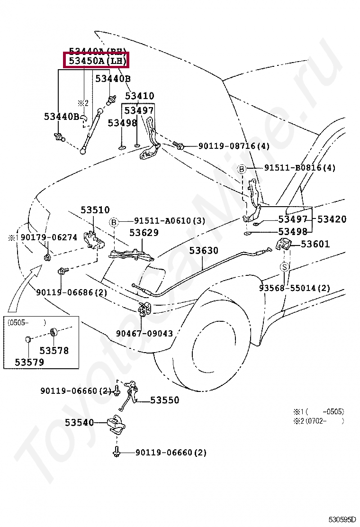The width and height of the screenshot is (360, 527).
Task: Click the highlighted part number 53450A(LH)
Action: pos(96,61)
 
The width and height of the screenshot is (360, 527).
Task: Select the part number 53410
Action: pos(139,96)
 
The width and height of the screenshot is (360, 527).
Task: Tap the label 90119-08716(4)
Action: pos(234,146)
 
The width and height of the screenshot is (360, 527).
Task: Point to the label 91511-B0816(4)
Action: pos(299,168)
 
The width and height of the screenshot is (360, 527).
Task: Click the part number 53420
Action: pos(332,219)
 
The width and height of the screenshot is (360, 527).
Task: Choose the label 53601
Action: pos(315,244)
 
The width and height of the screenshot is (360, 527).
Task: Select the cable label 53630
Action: pos(204,250)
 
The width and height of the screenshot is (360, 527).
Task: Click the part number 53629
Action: pos(144,233)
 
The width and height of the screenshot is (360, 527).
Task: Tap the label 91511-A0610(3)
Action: pos(169,221)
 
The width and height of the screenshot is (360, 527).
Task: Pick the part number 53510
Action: pos(95,209)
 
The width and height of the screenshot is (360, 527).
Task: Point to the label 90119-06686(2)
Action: pos(71,292)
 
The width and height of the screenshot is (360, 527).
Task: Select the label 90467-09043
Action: pos(144,333)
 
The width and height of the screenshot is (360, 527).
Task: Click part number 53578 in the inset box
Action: pos(54,351)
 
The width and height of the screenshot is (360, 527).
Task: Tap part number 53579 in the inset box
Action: pos(29,362)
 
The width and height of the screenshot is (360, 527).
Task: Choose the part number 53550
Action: pos(165,400)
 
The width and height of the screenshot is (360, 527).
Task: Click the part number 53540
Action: pos(79,422)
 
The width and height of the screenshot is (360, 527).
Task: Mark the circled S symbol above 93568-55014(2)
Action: pos(284,267)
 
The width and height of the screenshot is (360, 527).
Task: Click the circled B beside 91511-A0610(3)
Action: pos(114,222)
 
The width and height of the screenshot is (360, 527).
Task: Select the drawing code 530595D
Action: pos(345,520)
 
